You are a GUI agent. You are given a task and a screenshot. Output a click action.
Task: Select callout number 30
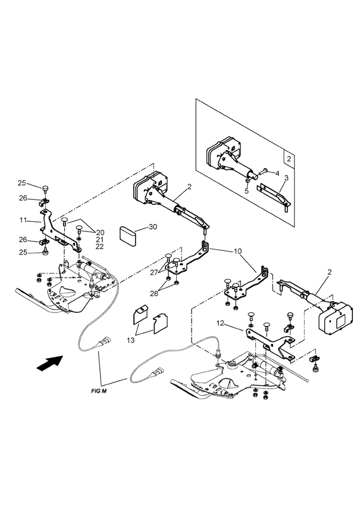(153, 227)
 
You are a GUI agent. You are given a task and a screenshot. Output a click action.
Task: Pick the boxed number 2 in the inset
(287, 159)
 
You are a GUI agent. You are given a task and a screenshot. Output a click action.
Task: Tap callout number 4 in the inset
(276, 174)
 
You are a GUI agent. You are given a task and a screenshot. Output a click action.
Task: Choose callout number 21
(100, 239)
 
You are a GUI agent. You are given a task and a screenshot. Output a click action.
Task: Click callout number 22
(100, 246)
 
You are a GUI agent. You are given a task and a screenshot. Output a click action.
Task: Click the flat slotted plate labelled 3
(273, 195)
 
